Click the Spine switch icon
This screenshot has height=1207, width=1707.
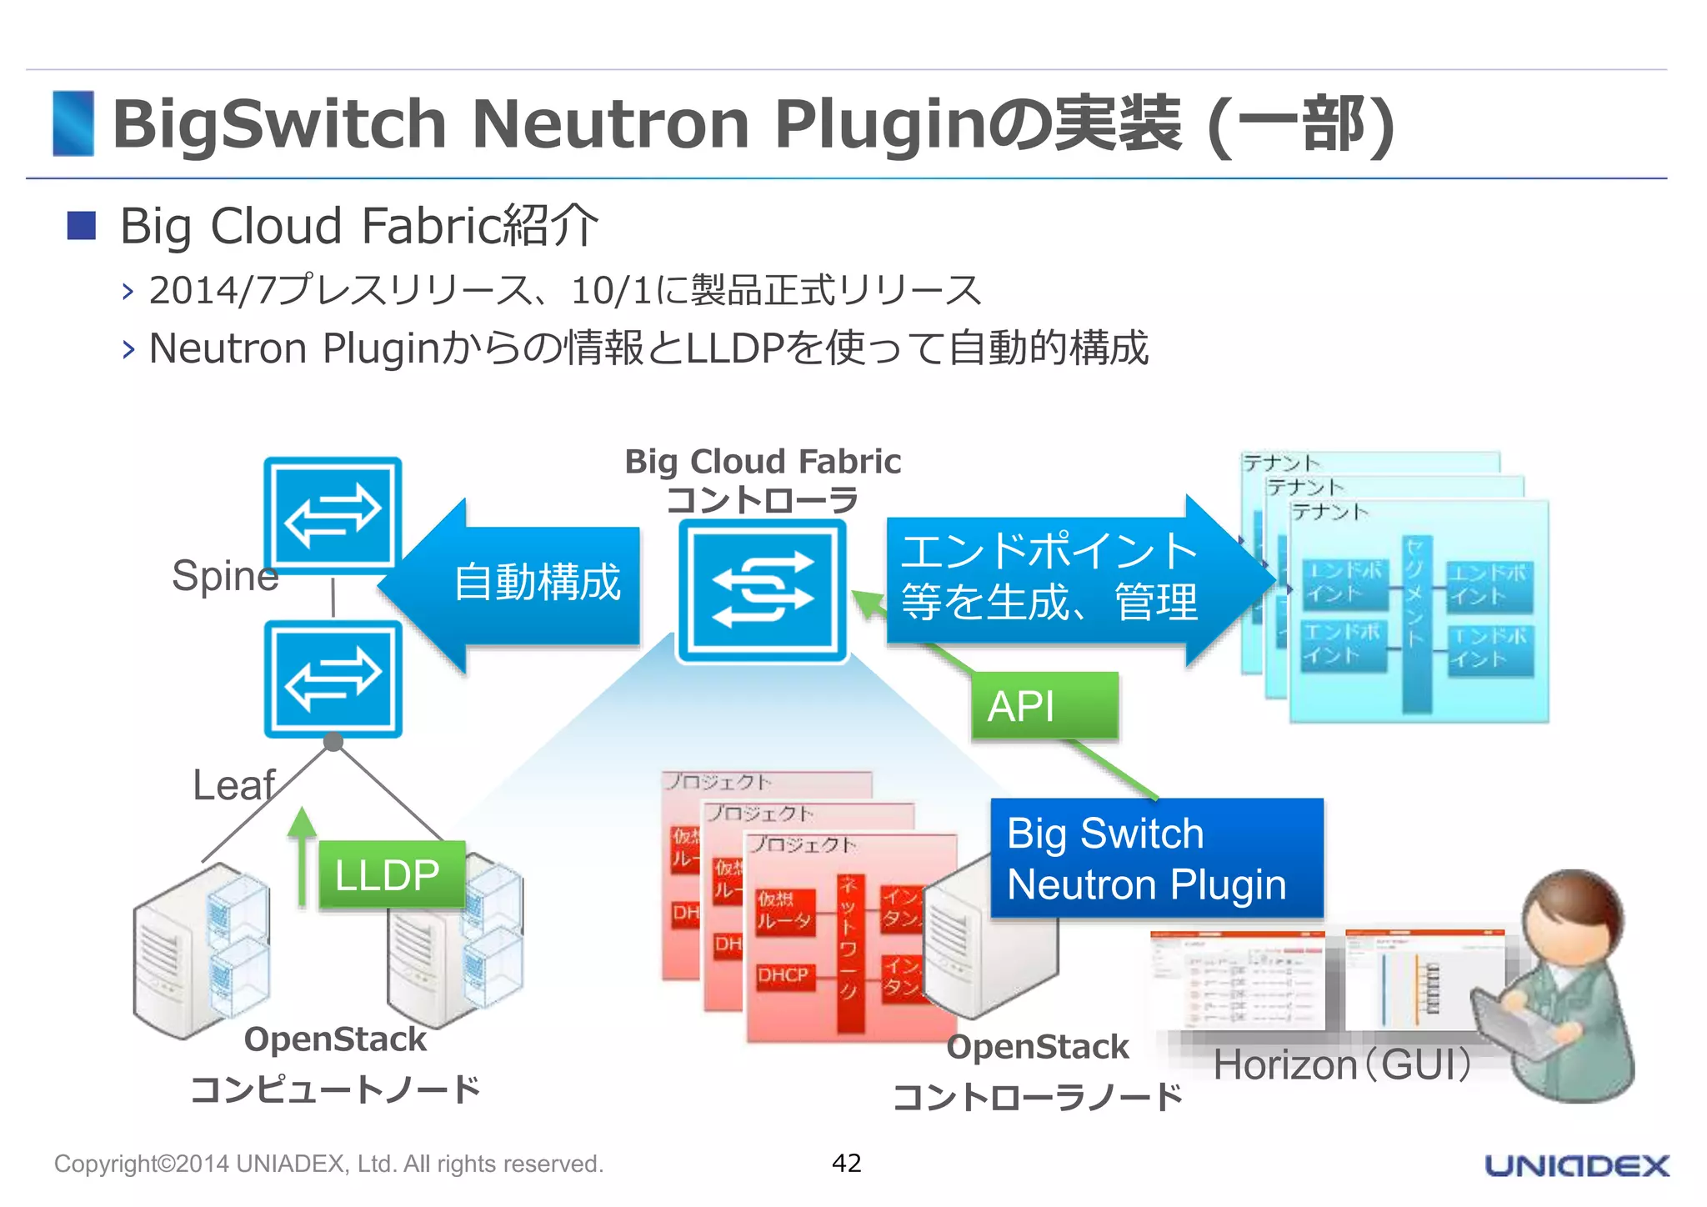(x=333, y=515)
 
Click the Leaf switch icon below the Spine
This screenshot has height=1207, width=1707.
(x=333, y=679)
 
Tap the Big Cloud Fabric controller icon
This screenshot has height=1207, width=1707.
(x=762, y=590)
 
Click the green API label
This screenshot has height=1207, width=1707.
(x=1044, y=706)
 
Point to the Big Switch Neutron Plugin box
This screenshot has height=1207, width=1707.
(x=1155, y=858)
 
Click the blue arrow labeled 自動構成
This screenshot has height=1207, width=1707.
(x=517, y=583)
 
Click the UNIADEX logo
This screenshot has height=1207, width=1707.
(x=1576, y=1164)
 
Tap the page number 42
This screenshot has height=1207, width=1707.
(x=846, y=1162)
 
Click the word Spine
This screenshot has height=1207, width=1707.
(x=224, y=575)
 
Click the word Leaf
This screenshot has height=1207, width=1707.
(x=233, y=784)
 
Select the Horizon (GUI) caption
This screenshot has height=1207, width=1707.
(x=1343, y=1064)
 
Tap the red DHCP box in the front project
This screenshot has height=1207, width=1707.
(x=783, y=975)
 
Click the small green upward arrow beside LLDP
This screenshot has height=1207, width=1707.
(x=302, y=859)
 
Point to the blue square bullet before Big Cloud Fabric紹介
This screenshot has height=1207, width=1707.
(x=82, y=225)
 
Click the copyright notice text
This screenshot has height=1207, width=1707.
(x=328, y=1164)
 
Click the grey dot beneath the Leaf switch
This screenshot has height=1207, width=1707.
(x=333, y=741)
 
